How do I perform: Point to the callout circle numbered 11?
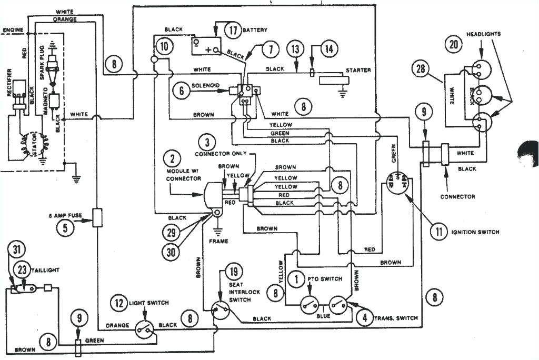(438, 231)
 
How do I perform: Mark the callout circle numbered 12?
(119, 303)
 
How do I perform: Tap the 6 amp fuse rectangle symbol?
(97, 217)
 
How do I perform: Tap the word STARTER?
(358, 70)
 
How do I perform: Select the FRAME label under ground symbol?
(218, 242)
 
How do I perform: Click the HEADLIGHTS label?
(483, 34)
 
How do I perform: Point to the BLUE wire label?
(323, 316)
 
